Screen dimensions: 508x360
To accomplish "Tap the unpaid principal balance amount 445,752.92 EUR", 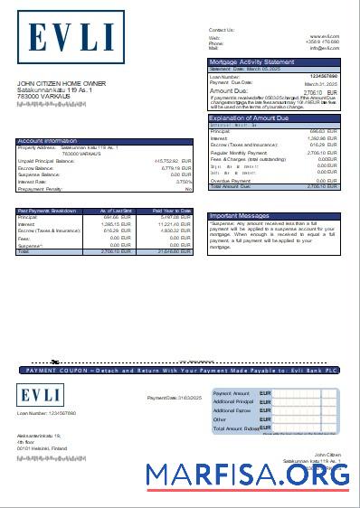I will [x=174, y=160].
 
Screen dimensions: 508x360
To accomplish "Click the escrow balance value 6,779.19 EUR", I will [x=176, y=167].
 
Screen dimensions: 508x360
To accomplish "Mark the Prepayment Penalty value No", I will [x=188, y=188].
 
